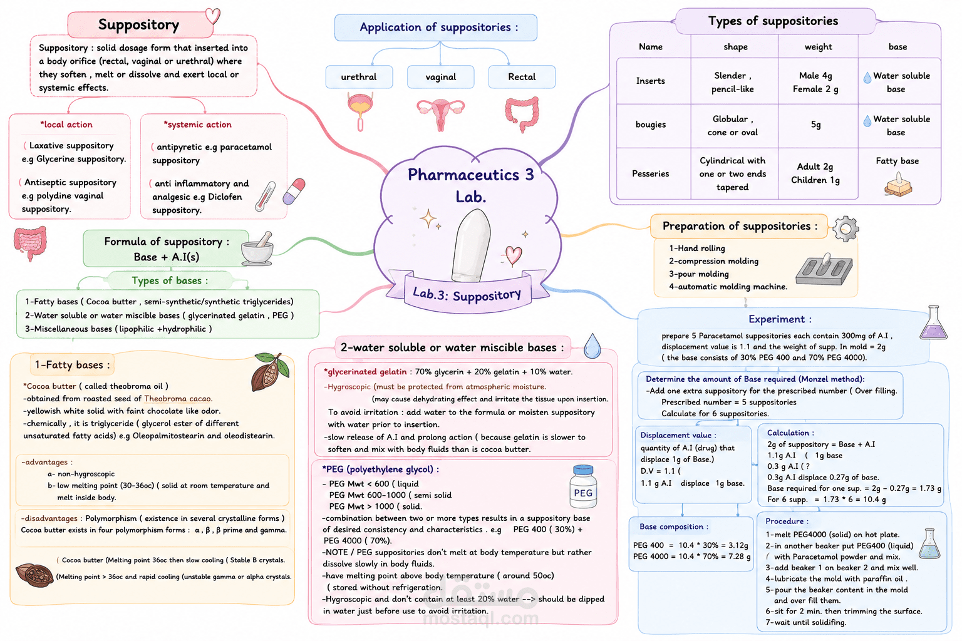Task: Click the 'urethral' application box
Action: coord(359,77)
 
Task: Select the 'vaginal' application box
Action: coord(441,77)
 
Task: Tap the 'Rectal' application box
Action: coord(522,77)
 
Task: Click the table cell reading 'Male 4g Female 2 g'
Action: coord(815,82)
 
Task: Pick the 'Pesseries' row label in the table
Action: coord(650,173)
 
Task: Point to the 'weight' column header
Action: coord(818,47)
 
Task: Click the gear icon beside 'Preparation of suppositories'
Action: coord(846,228)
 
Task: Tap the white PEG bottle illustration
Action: coord(583,486)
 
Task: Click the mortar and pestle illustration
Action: coord(257,249)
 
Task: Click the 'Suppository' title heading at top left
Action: coord(138,24)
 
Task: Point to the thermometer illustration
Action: coord(265,196)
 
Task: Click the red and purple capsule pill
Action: coord(294,191)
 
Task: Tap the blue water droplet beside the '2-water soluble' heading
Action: coord(592,346)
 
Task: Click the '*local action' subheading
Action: coord(66,125)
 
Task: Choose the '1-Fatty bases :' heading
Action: coord(72,365)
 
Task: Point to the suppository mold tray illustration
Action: coord(824,269)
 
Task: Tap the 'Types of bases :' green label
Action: coord(170,280)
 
